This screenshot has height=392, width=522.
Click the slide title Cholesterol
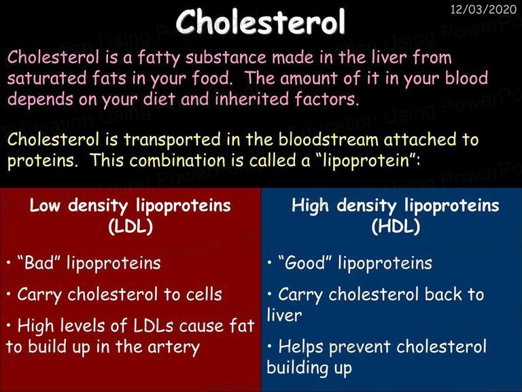260,22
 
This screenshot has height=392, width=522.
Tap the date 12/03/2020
483,9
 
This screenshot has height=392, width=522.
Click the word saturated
47,78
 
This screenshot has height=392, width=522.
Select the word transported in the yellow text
172,140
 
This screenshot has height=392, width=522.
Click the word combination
178,160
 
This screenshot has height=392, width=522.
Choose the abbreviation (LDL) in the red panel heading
130,227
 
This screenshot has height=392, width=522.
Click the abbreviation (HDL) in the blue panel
396,227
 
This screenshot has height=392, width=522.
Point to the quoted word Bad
39,262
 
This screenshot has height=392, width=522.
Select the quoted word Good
304,262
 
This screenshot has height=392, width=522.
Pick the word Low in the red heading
45,205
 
